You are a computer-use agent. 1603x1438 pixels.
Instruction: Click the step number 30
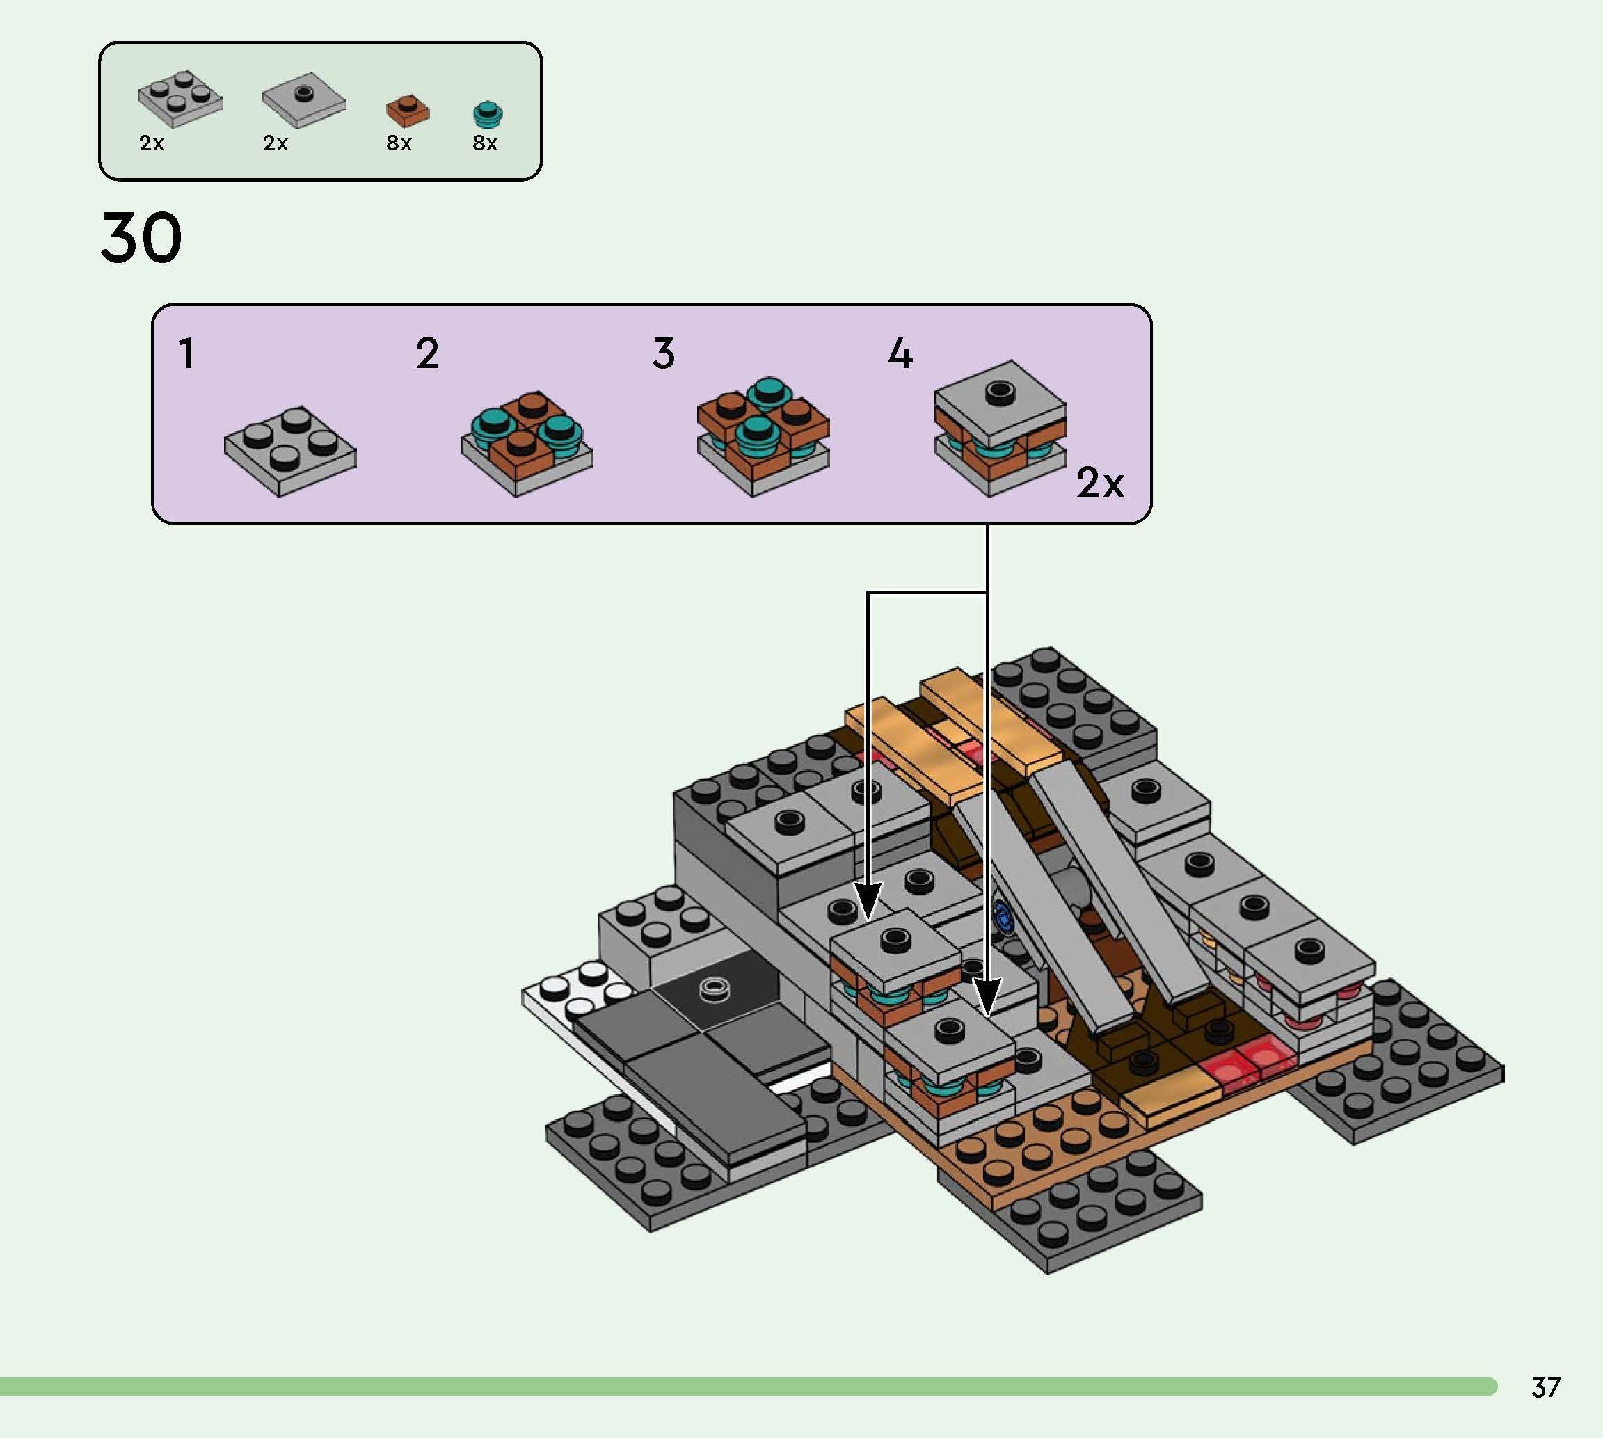pyautogui.click(x=141, y=238)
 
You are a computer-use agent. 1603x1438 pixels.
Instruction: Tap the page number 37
pyautogui.click(x=1545, y=1387)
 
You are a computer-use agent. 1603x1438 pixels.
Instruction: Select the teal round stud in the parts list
pyautogui.click(x=488, y=115)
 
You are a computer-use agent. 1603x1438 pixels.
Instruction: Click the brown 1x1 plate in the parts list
pyautogui.click(x=408, y=111)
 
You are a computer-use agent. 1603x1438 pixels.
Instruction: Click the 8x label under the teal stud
pyautogui.click(x=484, y=143)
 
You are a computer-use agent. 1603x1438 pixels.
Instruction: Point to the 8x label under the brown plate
pyautogui.click(x=399, y=143)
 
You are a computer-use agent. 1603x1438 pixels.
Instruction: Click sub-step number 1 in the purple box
pyautogui.click(x=186, y=354)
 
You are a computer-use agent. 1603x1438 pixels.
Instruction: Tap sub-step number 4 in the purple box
pyautogui.click(x=900, y=354)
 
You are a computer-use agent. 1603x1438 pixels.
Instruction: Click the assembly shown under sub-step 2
pyautogui.click(x=526, y=444)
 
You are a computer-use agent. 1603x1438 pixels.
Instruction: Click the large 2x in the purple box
pyautogui.click(x=1099, y=482)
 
